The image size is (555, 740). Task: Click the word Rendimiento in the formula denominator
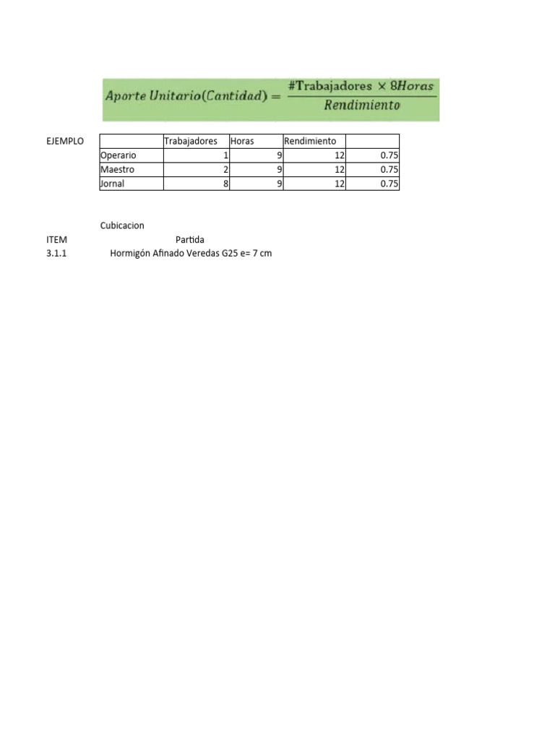(x=362, y=106)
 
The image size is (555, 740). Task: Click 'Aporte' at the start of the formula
(x=126, y=96)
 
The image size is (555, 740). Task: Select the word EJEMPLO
(x=65, y=141)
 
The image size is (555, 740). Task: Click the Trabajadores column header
(x=191, y=141)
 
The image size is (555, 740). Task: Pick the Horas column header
(x=242, y=141)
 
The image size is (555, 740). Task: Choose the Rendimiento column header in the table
(x=310, y=141)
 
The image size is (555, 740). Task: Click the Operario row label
(x=119, y=155)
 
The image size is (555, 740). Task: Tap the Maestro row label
(x=118, y=169)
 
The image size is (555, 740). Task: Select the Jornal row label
(x=113, y=184)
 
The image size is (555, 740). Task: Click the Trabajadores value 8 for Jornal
(x=225, y=184)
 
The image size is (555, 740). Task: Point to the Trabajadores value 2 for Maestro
(x=225, y=169)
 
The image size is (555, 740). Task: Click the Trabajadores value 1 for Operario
(x=225, y=155)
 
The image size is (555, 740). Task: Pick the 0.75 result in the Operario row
(x=390, y=155)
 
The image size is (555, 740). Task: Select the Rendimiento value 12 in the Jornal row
(x=340, y=184)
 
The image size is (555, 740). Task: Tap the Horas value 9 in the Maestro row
(x=279, y=169)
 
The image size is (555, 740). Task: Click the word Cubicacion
(x=122, y=226)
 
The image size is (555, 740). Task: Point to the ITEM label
(x=56, y=239)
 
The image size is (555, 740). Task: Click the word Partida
(x=190, y=239)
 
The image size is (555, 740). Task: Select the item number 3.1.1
(x=56, y=254)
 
